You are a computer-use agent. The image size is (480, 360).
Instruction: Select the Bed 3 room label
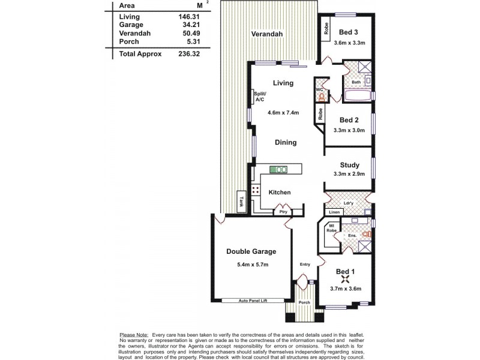349,32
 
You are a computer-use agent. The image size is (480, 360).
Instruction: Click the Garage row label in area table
131,25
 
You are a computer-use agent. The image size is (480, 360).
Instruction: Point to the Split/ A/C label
260,97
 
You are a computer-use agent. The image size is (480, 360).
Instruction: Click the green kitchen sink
278,170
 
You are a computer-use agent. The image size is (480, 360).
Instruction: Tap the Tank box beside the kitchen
242,202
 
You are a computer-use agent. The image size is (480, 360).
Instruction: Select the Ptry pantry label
282,212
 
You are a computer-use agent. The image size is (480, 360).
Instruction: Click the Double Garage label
251,251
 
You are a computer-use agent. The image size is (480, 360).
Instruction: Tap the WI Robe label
331,228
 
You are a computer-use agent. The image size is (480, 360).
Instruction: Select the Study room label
349,165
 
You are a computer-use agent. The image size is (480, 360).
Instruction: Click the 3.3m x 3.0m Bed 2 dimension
349,130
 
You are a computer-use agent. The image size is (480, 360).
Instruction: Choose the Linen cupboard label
335,212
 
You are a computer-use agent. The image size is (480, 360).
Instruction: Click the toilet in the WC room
320,96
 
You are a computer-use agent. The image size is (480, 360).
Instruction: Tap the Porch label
304,302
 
